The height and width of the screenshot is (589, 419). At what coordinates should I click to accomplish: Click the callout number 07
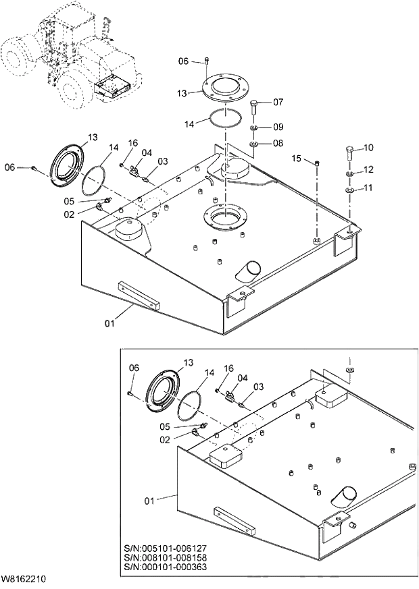coord(278,103)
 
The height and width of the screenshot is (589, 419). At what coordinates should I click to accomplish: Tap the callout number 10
coord(368,148)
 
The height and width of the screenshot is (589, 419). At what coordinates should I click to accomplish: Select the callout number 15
coord(296,158)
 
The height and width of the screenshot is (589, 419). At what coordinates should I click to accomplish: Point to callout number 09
coord(278,127)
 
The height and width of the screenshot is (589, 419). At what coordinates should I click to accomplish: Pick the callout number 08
coord(278,143)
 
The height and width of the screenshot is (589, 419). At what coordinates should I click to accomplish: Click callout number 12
coord(368,169)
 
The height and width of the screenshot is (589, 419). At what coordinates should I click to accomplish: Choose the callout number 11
coord(368,188)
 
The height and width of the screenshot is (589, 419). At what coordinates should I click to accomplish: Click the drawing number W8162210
coord(24,579)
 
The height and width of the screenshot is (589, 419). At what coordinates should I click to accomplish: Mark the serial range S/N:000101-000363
coord(166,567)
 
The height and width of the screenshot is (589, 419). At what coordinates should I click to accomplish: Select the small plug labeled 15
coord(316,162)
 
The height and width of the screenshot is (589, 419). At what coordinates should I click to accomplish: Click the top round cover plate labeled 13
coord(223,87)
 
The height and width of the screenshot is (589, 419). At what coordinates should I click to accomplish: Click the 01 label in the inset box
coord(149,501)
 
